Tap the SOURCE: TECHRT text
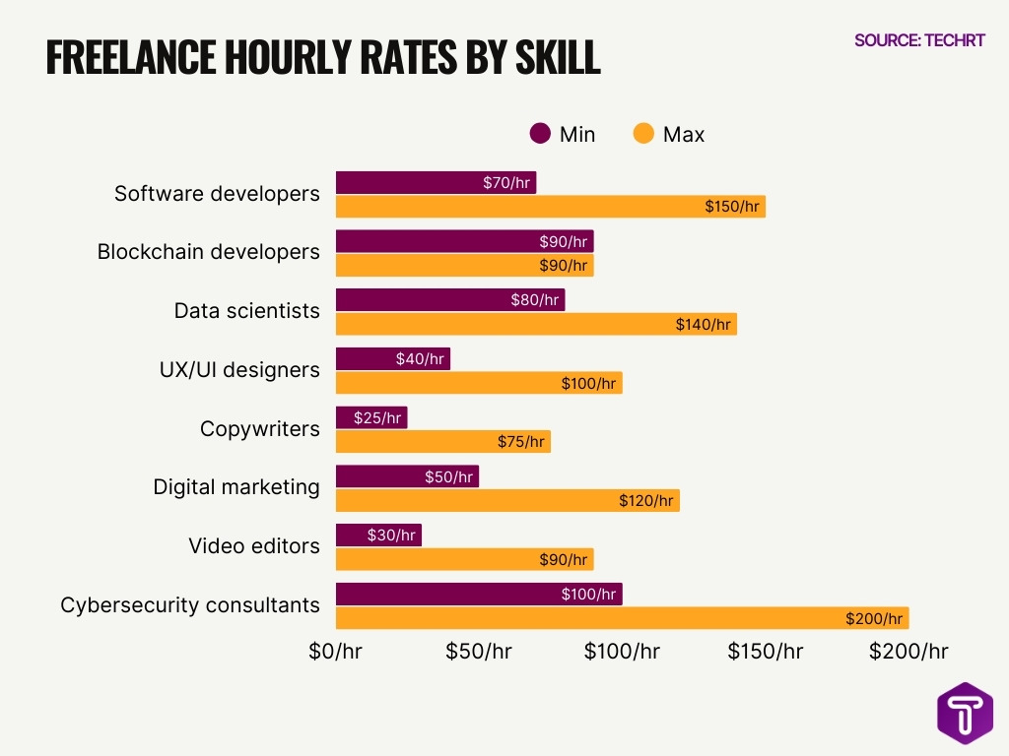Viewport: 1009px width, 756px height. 919,40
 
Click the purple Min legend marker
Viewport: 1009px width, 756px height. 540,134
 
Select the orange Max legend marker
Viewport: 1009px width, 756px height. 643,134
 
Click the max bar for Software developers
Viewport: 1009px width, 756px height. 550,207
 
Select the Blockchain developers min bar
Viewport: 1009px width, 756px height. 464,241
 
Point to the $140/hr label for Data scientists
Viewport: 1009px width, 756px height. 704,324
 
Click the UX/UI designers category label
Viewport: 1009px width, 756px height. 239,370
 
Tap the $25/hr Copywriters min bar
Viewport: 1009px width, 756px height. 370,418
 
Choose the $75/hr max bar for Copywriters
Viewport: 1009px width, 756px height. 442,442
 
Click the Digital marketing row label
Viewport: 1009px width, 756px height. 236,487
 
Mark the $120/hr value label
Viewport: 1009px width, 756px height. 646,501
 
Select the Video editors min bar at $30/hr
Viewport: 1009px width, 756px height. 378,535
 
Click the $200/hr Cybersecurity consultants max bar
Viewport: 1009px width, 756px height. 621,618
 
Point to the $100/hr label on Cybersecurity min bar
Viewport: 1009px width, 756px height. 590,595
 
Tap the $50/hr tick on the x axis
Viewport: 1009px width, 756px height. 479,652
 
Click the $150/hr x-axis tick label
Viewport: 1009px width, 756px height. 765,652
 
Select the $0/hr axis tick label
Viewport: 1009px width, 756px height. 336,652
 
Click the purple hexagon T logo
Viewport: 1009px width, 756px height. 965,713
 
